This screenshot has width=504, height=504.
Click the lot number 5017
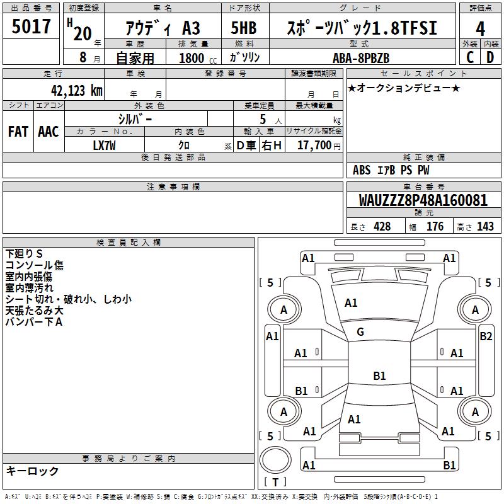[32, 28]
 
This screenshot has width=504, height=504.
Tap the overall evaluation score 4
[481, 29]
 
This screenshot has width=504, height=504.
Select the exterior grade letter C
[469, 57]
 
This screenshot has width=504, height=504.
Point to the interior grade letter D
[491, 57]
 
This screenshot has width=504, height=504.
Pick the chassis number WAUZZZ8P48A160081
[423, 201]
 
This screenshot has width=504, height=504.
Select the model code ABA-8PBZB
[361, 57]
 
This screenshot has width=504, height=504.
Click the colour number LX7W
[105, 144]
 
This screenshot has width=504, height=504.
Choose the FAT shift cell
[18, 132]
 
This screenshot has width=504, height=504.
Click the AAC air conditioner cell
[49, 132]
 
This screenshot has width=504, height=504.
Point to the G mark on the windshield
[360, 332]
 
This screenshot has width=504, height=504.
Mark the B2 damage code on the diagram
[486, 336]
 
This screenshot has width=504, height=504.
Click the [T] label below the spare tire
[275, 482]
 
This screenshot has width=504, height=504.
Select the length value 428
[382, 226]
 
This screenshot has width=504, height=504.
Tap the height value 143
[485, 226]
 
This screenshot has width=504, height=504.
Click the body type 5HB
[243, 29]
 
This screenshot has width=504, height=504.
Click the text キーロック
[33, 471]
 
